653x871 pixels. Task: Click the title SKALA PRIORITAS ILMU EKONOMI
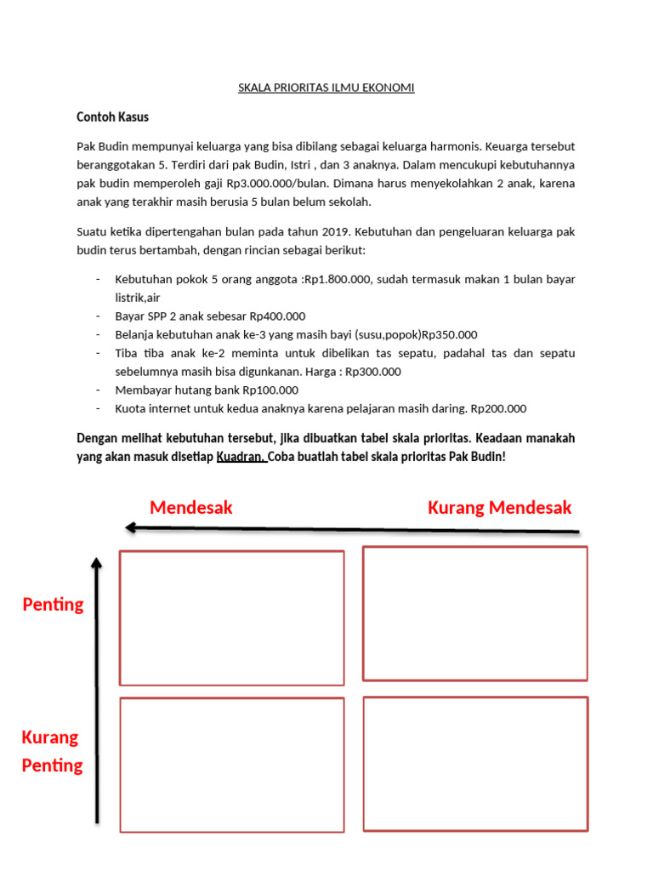click(x=326, y=88)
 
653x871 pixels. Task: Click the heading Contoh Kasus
click(x=112, y=117)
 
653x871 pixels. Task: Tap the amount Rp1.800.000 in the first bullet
click(x=338, y=279)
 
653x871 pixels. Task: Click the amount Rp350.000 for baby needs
click(x=450, y=334)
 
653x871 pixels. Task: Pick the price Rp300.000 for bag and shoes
click(x=372, y=372)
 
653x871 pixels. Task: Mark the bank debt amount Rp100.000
click(x=270, y=390)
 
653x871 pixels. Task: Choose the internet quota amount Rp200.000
click(x=497, y=409)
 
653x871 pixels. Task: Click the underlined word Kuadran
click(x=241, y=457)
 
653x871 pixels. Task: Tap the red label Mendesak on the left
click(x=191, y=508)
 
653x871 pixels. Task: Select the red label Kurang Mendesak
click(x=500, y=508)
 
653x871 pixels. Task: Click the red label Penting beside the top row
click(x=53, y=605)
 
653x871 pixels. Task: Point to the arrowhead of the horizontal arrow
click(x=130, y=527)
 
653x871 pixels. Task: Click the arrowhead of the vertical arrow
click(x=97, y=563)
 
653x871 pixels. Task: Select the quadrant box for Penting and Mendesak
click(x=232, y=618)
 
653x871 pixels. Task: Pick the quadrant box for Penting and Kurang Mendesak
click(x=475, y=613)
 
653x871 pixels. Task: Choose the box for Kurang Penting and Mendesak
click(x=232, y=763)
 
